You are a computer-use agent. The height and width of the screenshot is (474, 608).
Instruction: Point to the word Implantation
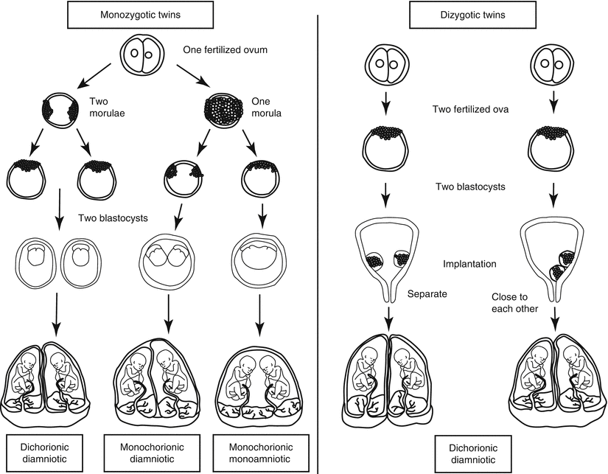pos(470,263)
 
